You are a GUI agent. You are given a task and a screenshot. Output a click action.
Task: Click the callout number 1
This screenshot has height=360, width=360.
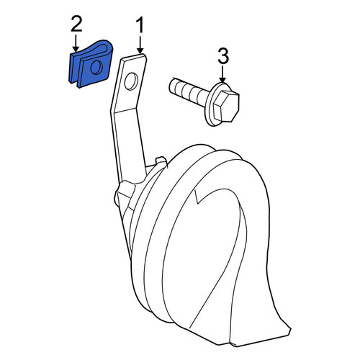coord(140,25)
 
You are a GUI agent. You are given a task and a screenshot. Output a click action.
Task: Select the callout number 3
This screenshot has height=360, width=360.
coord(223,56)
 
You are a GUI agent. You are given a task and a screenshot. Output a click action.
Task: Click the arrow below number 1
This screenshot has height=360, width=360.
coord(140,45)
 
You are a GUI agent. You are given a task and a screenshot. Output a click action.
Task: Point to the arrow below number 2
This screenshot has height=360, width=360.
coord(76,44)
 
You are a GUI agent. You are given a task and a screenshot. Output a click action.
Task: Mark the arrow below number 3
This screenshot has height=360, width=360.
coord(222,75)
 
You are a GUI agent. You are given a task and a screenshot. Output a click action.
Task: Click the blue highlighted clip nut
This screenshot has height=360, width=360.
coord(91,64)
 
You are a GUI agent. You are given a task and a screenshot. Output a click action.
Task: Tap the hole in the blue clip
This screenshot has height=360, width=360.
coord(96,67)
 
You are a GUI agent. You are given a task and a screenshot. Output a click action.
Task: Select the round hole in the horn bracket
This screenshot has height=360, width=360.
coord(131,81)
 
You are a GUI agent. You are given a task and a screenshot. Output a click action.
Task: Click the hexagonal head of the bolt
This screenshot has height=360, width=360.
coord(226,106)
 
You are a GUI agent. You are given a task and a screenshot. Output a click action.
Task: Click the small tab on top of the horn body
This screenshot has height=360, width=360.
coord(161,161)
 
